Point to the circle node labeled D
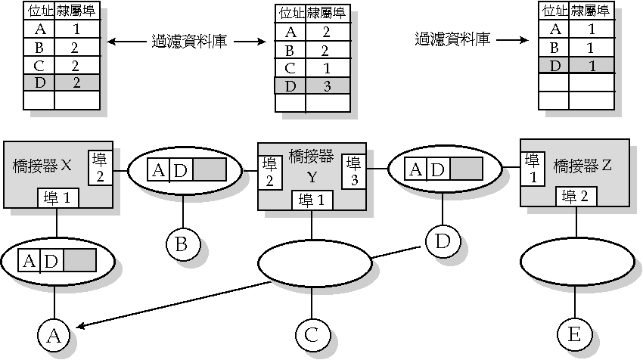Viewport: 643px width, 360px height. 443,242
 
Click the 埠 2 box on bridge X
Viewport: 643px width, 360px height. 101,167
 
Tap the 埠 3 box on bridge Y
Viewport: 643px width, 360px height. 353,172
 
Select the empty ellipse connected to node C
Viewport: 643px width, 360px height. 315,263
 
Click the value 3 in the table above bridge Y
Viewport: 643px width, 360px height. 327,85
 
